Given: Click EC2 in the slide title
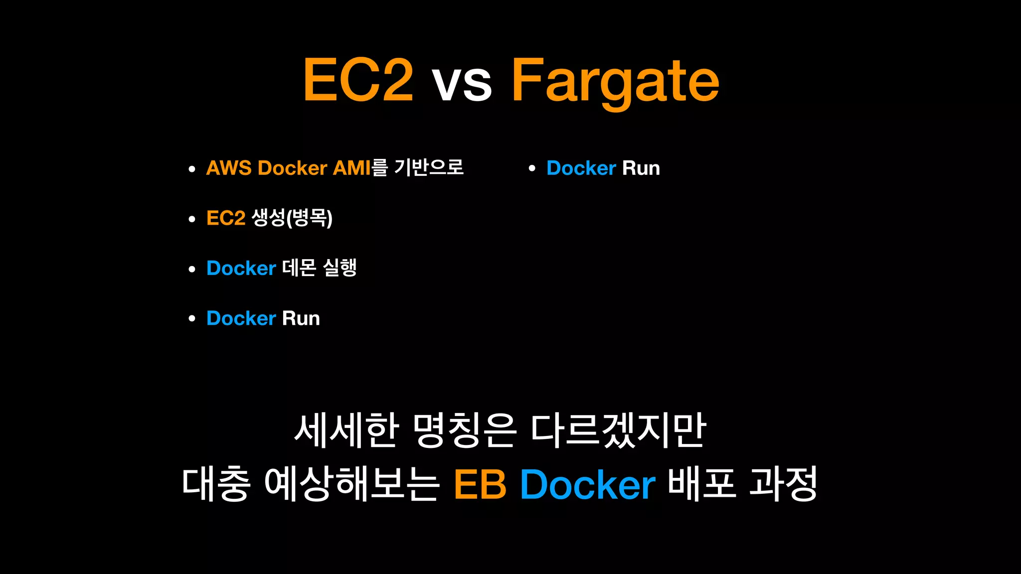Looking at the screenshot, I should click(358, 80).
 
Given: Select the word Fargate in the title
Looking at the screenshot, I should click(615, 81).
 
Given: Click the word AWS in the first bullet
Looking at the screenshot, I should click(229, 168).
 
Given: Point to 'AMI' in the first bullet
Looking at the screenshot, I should click(351, 168).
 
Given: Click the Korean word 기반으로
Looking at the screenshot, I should click(429, 167).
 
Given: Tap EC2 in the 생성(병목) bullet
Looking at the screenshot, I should click(226, 218).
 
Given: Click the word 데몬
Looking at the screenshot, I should click(299, 268).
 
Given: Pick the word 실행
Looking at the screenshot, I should click(340, 268).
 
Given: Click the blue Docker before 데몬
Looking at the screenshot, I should click(241, 269).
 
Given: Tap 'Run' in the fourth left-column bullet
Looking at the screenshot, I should click(301, 318).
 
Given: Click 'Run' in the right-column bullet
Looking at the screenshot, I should click(641, 168).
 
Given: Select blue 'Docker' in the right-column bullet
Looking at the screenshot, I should click(581, 168).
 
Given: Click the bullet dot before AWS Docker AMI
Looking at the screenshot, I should click(192, 169).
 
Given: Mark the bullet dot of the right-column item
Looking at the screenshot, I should click(532, 169).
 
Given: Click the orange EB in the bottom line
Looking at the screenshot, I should click(480, 484).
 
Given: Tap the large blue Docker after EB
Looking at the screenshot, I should click(588, 484).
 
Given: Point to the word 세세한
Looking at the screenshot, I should click(346, 430).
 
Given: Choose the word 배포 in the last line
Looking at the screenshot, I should click(701, 483).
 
